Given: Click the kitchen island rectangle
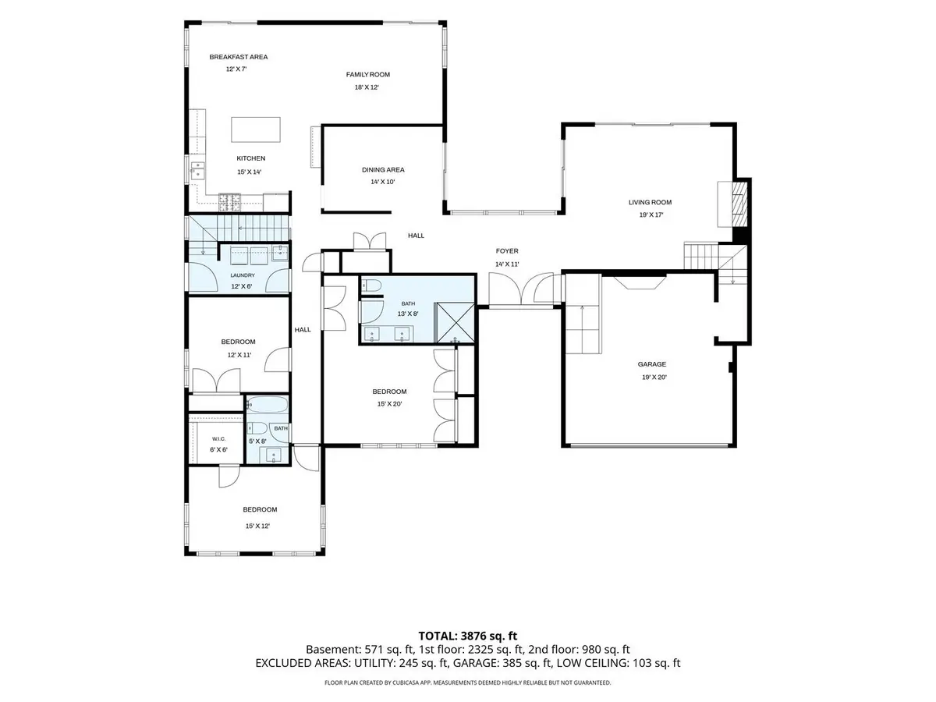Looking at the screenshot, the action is (x=255, y=129).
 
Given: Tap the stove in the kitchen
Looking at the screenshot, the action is (x=229, y=203).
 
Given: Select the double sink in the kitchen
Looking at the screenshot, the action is (x=197, y=170).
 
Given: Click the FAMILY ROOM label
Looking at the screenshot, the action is (x=367, y=75).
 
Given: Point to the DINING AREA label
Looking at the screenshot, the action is (x=383, y=169).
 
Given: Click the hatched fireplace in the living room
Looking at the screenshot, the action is (x=739, y=204).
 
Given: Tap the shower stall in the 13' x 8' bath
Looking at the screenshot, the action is (x=454, y=322).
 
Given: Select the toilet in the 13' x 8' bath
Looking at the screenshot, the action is (x=371, y=285).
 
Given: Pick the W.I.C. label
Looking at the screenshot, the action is (x=218, y=439).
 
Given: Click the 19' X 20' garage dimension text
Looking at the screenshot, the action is (x=654, y=378).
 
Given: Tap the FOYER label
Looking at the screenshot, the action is (x=506, y=251).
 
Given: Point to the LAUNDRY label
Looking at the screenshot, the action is (x=243, y=275).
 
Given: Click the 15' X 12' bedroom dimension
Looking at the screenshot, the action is (x=257, y=526).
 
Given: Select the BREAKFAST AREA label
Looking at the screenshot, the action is (x=239, y=57).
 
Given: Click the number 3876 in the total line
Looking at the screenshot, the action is (x=474, y=636).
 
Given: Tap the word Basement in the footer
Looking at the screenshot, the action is (x=333, y=650).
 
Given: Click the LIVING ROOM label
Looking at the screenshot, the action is (x=650, y=203).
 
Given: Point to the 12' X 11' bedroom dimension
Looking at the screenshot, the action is (x=239, y=355).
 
